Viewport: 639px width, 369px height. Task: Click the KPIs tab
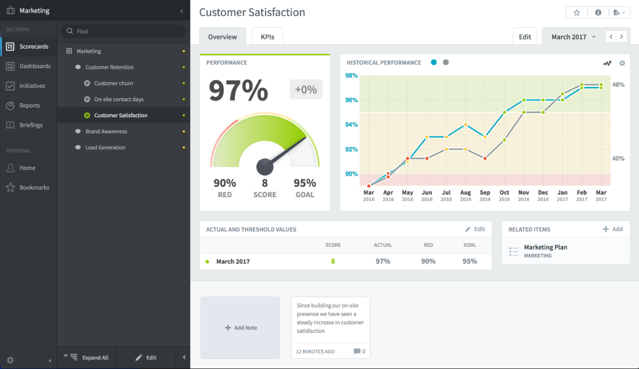click(x=267, y=37)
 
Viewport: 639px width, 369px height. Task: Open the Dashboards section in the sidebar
click(x=35, y=66)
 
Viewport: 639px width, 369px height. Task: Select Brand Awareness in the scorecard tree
click(x=106, y=131)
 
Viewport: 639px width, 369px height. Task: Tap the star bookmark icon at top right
click(x=577, y=13)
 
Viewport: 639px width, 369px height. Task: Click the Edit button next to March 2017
click(x=525, y=37)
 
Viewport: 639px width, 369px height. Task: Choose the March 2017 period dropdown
click(x=573, y=37)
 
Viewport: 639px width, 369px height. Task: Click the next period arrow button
click(x=621, y=37)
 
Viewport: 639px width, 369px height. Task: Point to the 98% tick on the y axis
click(x=351, y=76)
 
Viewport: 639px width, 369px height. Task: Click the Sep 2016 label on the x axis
click(x=485, y=195)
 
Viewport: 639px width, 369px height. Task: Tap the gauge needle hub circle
click(x=265, y=167)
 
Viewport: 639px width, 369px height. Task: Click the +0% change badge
click(x=306, y=90)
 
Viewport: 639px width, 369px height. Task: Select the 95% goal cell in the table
click(x=469, y=261)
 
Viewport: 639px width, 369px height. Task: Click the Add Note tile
click(x=240, y=327)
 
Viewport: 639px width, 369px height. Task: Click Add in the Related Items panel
click(x=613, y=229)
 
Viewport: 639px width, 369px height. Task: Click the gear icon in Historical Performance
click(x=622, y=63)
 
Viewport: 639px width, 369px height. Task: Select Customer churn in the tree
click(x=113, y=83)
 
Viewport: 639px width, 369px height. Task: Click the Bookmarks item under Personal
click(x=34, y=187)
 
